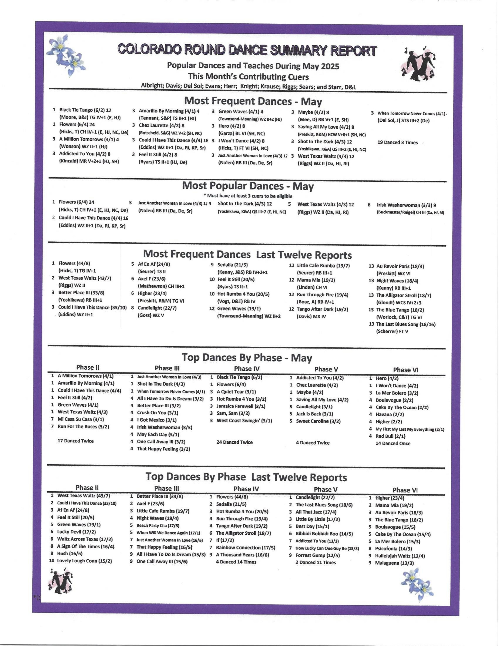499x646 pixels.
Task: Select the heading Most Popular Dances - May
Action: (x=248, y=186)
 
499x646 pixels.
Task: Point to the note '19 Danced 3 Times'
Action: (x=398, y=143)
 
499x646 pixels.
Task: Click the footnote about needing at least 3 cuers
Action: (x=248, y=196)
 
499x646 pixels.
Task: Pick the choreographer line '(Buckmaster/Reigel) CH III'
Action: (x=410, y=212)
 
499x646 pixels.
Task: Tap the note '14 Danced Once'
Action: (x=393, y=443)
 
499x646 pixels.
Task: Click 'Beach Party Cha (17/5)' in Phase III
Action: (x=158, y=526)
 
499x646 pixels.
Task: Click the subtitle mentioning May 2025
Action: (x=253, y=66)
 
